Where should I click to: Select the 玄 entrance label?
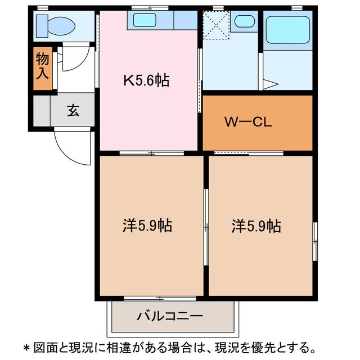[73, 111]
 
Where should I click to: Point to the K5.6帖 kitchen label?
[146, 80]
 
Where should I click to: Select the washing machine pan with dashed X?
[215, 25]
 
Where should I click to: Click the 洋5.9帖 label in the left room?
[147, 226]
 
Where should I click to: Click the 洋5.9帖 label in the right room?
[256, 226]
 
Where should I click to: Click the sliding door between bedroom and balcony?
[160, 298]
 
